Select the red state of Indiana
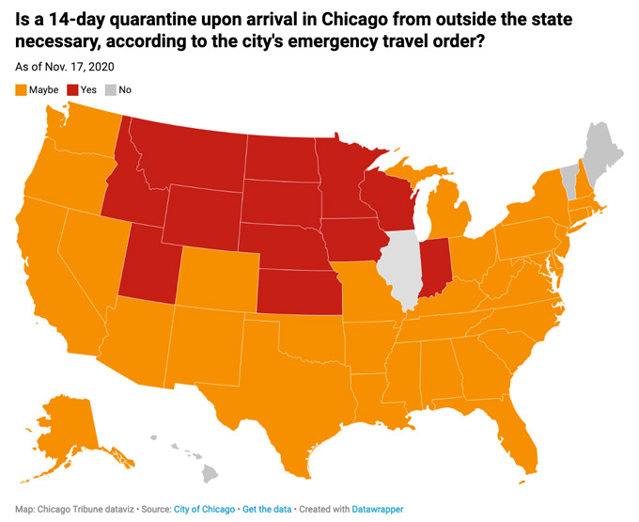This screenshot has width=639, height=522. tap(435, 267)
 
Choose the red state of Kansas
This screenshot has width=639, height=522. tap(300, 292)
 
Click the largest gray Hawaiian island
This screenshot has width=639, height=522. tap(210, 474)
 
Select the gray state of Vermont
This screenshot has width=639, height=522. tap(569, 181)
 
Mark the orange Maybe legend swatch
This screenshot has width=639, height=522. tap(21, 90)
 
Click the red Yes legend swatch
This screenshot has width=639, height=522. tap(72, 90)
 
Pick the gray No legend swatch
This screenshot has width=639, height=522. tap(111, 90)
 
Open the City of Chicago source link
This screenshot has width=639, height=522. tap(204, 510)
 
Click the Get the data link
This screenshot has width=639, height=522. tap(267, 510)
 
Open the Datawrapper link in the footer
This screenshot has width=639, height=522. tap(378, 510)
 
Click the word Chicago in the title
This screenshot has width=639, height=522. tap(354, 19)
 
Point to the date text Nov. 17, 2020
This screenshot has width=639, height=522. tap(80, 67)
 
